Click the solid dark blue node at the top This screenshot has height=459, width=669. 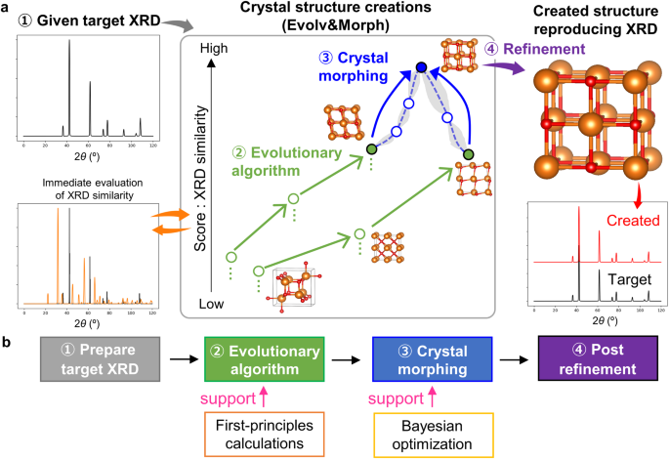click(421, 67)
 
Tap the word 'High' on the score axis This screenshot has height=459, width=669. click(213, 48)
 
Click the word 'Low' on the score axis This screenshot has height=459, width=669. click(213, 304)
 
